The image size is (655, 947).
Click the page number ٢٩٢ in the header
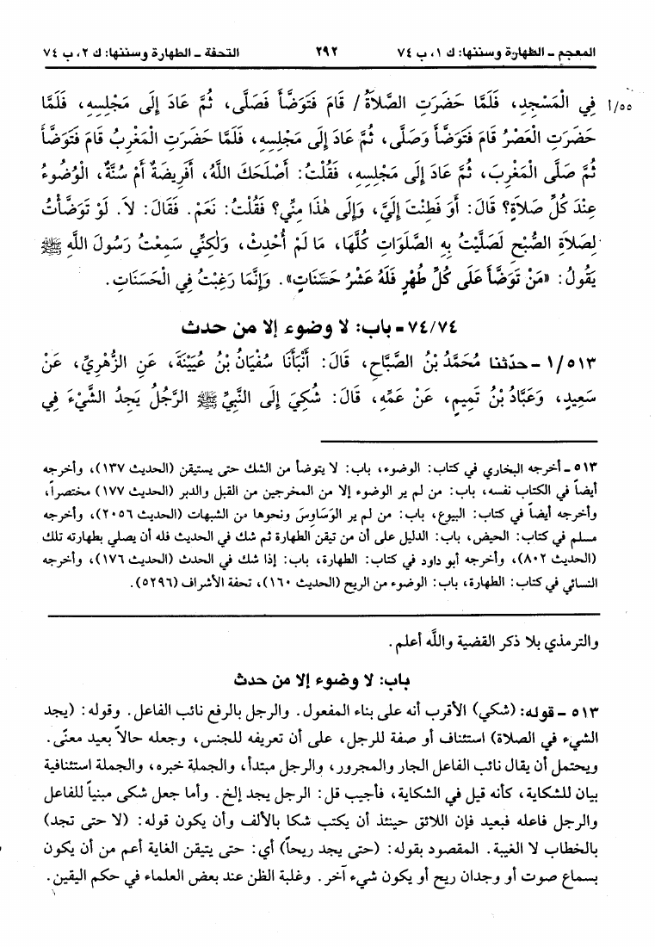coord(327,52)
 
